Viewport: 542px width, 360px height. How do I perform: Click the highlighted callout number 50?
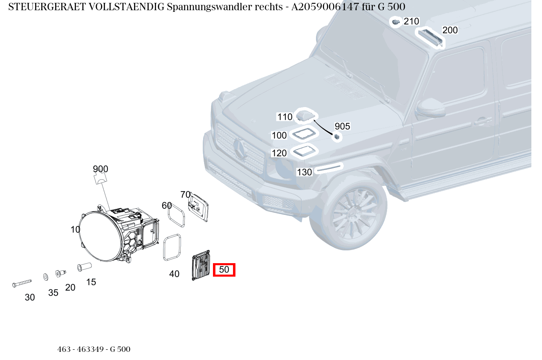point(224,270)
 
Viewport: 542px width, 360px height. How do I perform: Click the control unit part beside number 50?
point(201,266)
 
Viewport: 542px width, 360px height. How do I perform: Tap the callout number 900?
point(101,169)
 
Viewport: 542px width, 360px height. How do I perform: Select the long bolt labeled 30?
point(22,283)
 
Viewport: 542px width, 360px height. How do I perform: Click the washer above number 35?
point(45,277)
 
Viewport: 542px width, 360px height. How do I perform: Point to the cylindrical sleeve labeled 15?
point(84,267)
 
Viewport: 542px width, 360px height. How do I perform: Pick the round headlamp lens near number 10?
point(100,234)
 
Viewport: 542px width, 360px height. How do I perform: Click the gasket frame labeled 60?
point(177,215)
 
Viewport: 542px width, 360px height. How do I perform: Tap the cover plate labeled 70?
point(198,208)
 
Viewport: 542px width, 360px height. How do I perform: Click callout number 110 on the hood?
point(285,117)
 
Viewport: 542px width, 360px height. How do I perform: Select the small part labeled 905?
point(337,137)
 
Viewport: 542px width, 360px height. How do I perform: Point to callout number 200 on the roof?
point(450,30)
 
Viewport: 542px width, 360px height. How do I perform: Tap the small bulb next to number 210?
point(395,22)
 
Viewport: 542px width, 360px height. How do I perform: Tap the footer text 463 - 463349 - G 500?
point(94,349)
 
